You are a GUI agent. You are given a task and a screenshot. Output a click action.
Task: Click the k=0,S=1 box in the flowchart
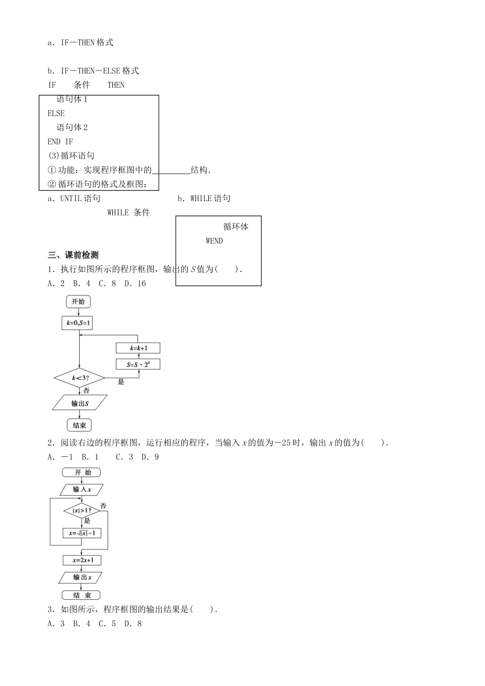[79, 323]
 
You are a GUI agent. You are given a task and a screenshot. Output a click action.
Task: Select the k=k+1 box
[138, 348]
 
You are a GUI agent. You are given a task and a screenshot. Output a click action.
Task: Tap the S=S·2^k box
[138, 364]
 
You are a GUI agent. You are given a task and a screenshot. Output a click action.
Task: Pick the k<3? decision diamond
[79, 378]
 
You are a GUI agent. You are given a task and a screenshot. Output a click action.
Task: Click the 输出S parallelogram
[80, 403]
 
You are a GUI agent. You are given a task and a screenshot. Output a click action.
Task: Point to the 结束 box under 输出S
[79, 425]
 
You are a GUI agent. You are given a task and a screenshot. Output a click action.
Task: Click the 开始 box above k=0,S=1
[78, 302]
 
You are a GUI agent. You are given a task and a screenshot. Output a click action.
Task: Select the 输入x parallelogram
[81, 489]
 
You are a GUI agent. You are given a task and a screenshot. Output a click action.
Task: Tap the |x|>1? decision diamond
[81, 510]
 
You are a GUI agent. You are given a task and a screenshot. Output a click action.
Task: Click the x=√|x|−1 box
[81, 533]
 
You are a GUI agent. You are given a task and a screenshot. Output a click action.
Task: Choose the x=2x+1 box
[82, 560]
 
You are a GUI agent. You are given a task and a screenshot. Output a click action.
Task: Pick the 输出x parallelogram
[81, 577]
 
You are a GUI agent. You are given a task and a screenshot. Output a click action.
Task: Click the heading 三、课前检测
[73, 255]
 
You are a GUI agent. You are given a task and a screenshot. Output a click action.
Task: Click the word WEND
[214, 241]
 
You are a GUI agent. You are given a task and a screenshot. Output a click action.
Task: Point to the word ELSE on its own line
[56, 113]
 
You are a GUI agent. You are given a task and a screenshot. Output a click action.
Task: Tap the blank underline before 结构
[171, 170]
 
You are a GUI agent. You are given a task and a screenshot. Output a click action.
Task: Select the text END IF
[60, 142]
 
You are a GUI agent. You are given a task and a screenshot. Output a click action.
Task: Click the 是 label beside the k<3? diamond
[121, 382]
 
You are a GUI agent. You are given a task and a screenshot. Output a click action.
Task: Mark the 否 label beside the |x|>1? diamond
[103, 506]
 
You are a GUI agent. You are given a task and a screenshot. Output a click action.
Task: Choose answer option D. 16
[135, 284]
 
